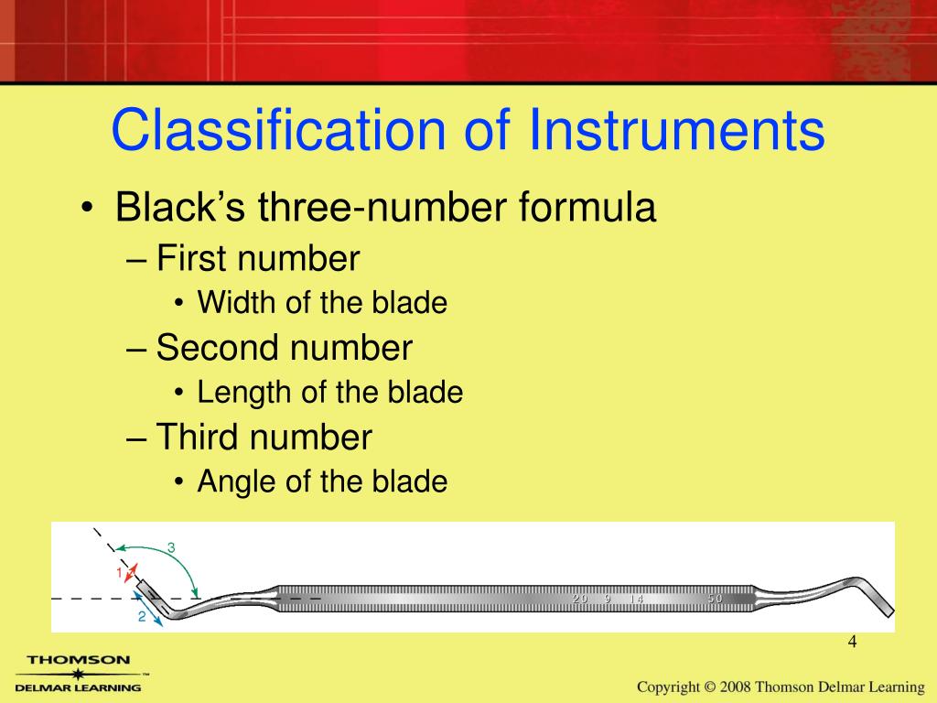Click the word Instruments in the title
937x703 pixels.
[x=675, y=131]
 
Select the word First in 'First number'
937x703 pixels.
[x=193, y=259]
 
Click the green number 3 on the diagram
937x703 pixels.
[x=171, y=547]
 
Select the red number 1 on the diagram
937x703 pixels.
[x=119, y=572]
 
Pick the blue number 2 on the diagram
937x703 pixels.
[x=142, y=616]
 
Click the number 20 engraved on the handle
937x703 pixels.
[x=580, y=599]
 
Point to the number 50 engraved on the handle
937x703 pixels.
[x=715, y=599]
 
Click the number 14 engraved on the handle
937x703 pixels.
[x=636, y=599]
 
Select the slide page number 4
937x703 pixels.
[x=852, y=642]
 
